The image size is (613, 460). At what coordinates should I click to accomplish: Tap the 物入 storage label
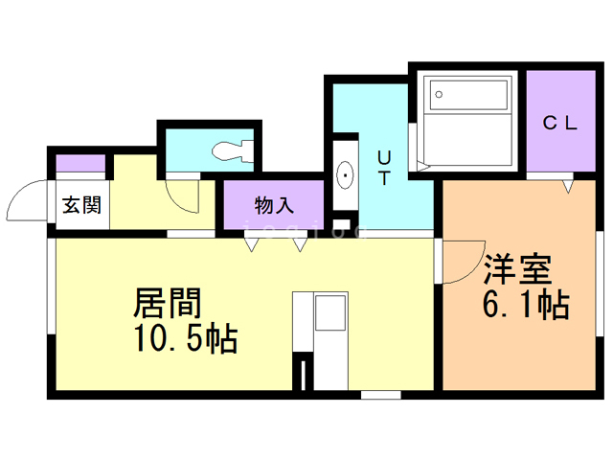coord(274,205)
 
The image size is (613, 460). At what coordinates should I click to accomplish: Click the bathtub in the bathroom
coord(468,94)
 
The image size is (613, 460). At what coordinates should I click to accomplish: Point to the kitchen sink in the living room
coord(331,313)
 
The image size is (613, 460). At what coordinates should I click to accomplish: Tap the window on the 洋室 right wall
coord(597,287)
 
